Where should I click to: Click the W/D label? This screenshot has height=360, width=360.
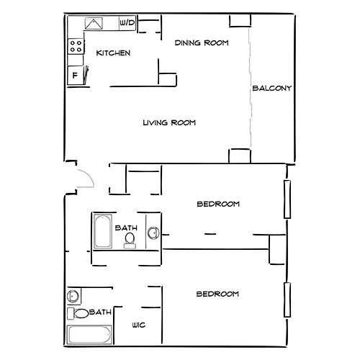[x=127, y=24]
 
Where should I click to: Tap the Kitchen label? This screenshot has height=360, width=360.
[x=113, y=53]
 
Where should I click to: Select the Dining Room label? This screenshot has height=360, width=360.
[x=202, y=43]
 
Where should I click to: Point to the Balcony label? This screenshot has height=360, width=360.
[x=271, y=89]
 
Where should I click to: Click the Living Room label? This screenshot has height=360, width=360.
[x=169, y=123]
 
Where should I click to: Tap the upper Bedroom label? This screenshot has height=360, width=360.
[x=218, y=204]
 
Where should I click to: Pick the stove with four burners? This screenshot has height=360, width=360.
[x=75, y=48]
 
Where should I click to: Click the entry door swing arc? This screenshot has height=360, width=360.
[x=85, y=175]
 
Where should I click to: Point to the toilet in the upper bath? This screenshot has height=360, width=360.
[x=130, y=238]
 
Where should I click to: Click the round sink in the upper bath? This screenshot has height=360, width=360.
[x=152, y=233]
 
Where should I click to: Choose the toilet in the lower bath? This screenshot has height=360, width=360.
[x=80, y=313]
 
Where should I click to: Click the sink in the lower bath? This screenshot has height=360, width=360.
[x=73, y=297]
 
